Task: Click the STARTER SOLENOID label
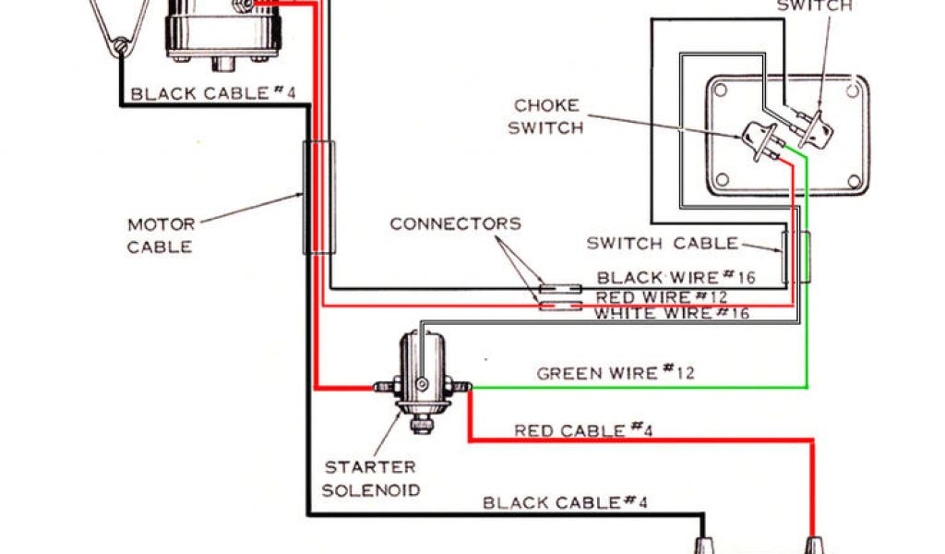pos(369,478)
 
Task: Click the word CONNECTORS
pos(455,223)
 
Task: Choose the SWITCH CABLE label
pos(663,244)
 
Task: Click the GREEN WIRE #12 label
pos(616,373)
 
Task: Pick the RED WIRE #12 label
pos(661,297)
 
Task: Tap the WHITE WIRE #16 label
pos(671,314)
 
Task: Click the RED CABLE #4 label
pos(583,429)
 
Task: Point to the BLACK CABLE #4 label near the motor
pos(209,93)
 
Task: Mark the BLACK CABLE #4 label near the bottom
pos(565,502)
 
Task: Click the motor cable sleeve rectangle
pos(318,197)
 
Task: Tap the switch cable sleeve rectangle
pos(795,257)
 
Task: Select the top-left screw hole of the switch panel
pos(722,91)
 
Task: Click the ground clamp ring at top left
pos(119,43)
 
